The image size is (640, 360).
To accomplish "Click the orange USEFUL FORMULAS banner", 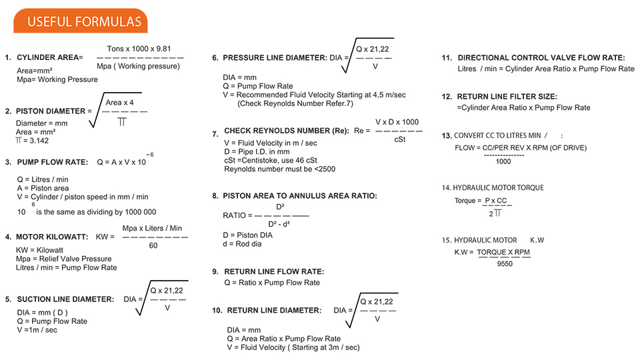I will click(x=80, y=21).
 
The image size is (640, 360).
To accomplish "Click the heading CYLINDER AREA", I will click(x=47, y=58).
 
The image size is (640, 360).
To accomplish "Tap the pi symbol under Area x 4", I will click(x=123, y=122).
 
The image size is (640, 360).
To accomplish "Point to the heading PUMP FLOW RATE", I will click(x=53, y=162).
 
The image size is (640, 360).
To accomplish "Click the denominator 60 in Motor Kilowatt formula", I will click(x=153, y=246).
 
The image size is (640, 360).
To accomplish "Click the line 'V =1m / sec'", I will click(x=38, y=330).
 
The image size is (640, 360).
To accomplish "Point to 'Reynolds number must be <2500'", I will click(x=279, y=169).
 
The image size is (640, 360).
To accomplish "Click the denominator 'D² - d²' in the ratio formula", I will click(x=281, y=224).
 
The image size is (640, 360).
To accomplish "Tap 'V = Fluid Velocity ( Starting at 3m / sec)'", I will click(x=293, y=347).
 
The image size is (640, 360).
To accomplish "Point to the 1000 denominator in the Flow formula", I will click(x=503, y=161).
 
